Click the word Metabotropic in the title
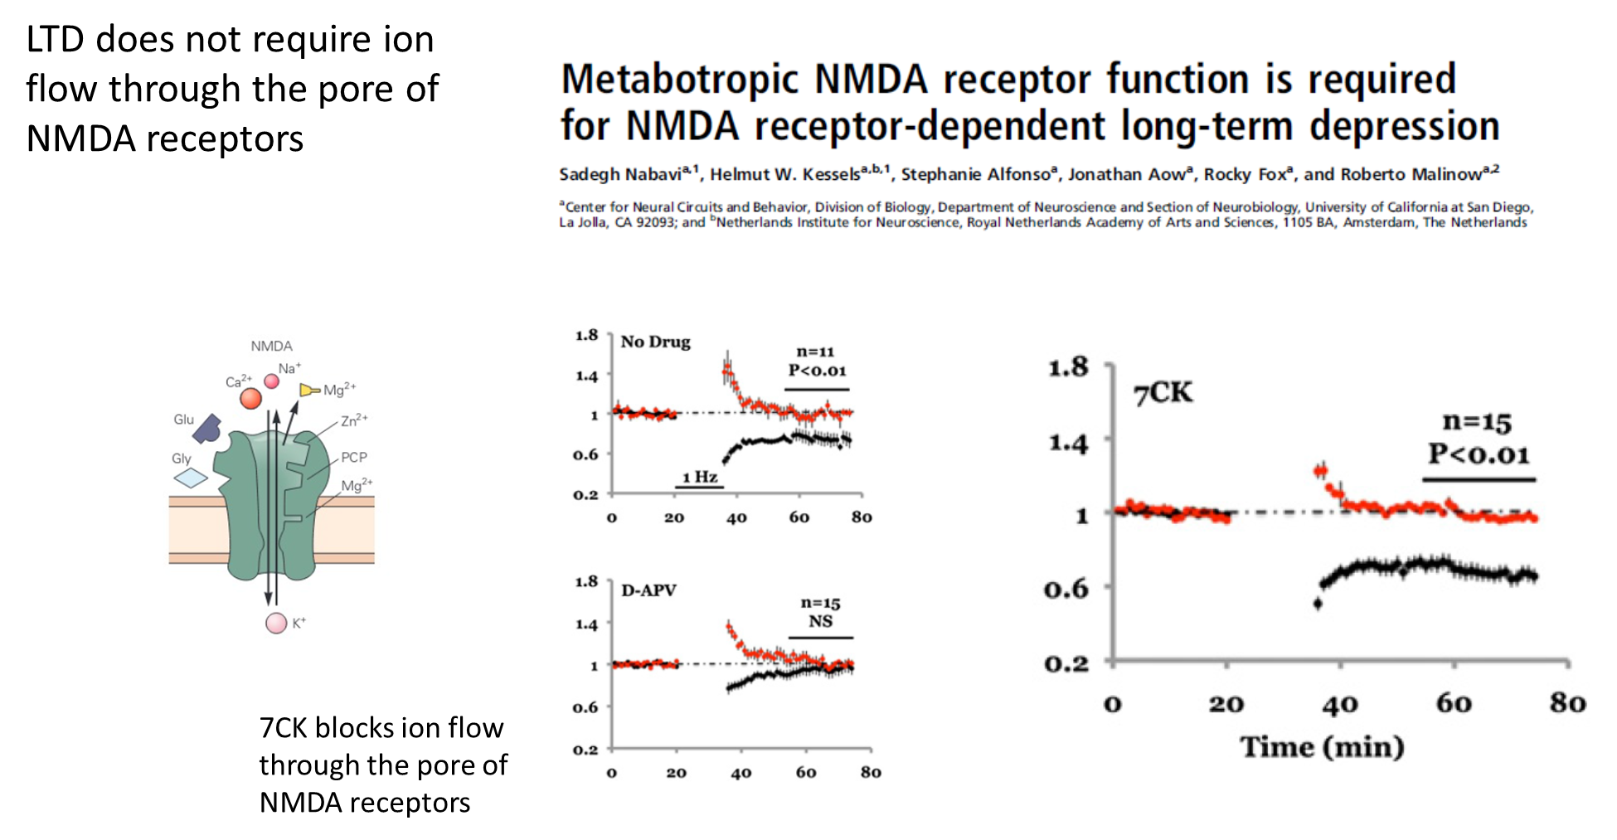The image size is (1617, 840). click(x=680, y=80)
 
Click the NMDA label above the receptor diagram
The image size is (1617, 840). click(x=272, y=346)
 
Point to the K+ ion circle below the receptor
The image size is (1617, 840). click(x=276, y=624)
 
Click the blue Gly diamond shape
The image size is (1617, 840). click(x=191, y=478)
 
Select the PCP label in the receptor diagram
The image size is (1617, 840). click(x=354, y=457)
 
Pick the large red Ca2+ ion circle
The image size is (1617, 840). click(x=250, y=399)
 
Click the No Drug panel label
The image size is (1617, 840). click(x=655, y=342)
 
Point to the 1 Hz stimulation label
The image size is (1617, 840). click(x=700, y=477)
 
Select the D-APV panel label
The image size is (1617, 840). click(x=649, y=590)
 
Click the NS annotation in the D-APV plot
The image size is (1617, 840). click(x=820, y=621)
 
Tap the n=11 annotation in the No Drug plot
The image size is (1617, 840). click(x=816, y=352)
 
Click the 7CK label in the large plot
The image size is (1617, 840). click(x=1163, y=392)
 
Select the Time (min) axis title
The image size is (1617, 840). click(x=1322, y=746)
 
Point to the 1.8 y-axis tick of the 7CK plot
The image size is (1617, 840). click(x=1068, y=367)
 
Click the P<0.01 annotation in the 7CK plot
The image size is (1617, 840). click(x=1479, y=454)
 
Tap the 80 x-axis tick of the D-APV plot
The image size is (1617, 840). click(x=871, y=772)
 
